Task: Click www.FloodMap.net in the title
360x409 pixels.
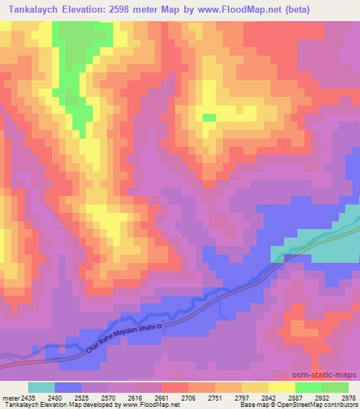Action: point(232,10)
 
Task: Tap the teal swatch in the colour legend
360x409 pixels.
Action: point(41,387)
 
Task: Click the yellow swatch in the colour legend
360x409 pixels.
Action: point(282,387)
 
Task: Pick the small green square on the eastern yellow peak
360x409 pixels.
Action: point(209,117)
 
